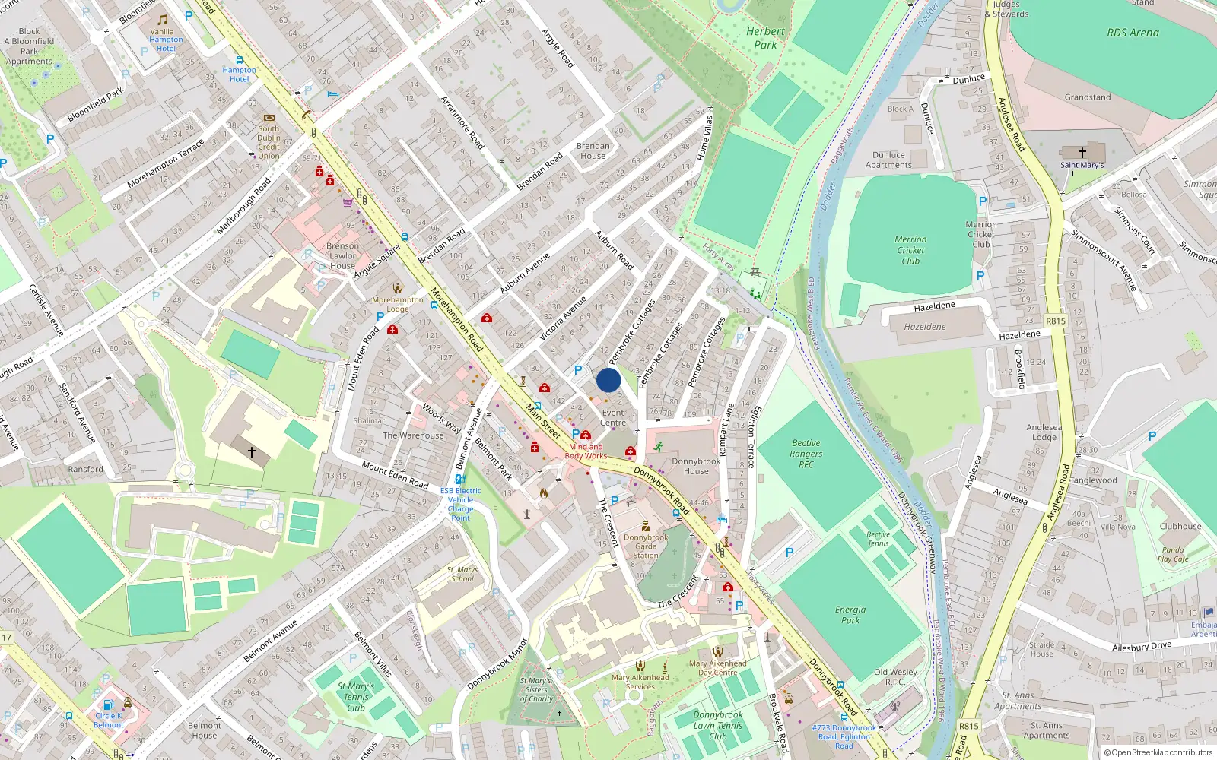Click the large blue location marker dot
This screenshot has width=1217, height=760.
608,380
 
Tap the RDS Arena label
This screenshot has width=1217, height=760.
1133,33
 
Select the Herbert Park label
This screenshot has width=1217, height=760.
765,38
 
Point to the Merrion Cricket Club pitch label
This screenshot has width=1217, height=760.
910,250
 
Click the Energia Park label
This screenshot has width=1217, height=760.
850,615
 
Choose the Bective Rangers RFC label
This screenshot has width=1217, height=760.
806,454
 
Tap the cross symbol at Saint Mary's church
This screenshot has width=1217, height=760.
1082,153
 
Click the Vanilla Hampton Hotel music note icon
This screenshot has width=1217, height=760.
163,19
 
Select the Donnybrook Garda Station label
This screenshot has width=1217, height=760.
646,546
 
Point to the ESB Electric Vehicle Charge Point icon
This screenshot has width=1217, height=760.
460,479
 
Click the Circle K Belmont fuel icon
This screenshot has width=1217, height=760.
108,705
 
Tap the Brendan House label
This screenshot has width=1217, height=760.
593,150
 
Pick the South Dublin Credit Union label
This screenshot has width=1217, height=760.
269,142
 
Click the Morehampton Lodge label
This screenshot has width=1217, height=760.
398,304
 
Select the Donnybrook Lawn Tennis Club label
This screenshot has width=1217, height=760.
718,725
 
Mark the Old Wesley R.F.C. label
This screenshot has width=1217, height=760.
895,676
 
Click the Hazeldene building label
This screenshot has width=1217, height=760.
925,327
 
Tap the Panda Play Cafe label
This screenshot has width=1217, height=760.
1173,554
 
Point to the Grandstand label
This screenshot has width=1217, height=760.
1087,97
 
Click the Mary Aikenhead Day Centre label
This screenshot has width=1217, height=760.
717,667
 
